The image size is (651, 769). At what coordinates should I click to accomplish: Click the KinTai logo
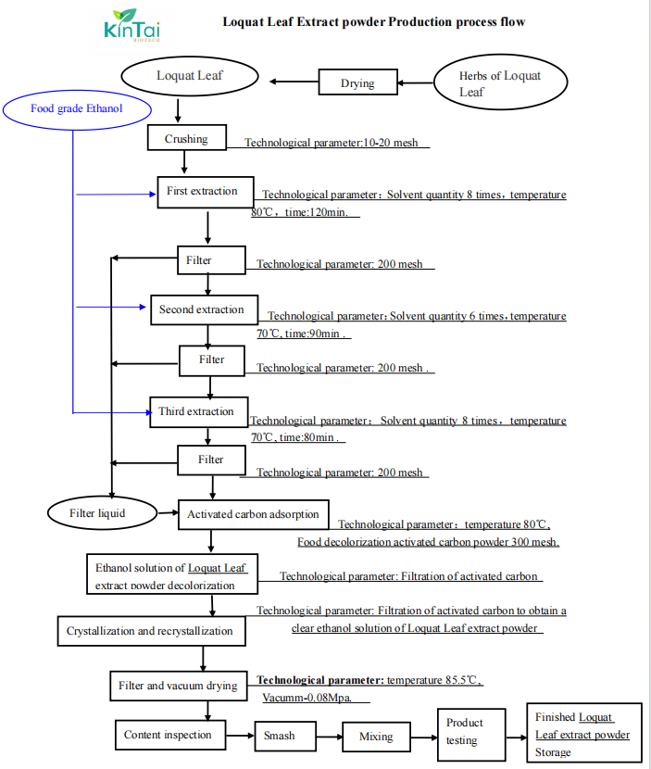131,25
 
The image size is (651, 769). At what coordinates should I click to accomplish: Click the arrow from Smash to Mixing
330,737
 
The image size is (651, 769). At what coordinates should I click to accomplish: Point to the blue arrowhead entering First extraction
153,195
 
